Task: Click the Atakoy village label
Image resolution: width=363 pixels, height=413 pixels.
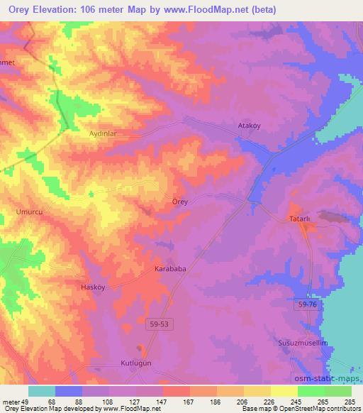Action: (249, 126)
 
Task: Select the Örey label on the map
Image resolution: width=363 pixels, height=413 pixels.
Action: (180, 202)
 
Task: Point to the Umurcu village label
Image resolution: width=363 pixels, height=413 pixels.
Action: (29, 211)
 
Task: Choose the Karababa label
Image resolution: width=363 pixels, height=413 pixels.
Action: (169, 270)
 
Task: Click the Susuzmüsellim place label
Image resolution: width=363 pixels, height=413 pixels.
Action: (301, 343)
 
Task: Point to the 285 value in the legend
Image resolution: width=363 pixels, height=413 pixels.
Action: (349, 402)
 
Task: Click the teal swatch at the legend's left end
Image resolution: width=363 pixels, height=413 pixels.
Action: (42, 391)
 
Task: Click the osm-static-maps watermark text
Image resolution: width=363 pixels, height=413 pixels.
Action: (328, 378)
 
